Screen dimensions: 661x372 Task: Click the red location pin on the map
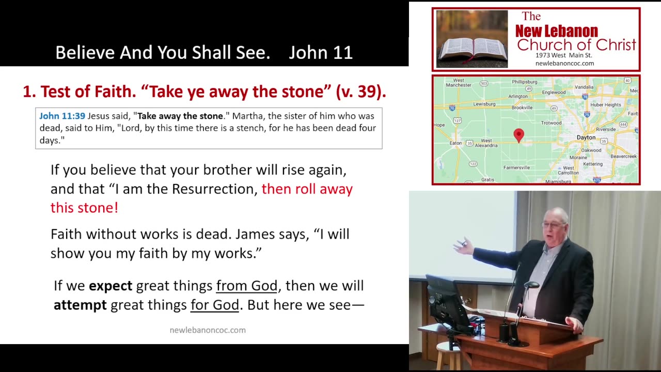519,135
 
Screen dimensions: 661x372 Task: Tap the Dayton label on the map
586,137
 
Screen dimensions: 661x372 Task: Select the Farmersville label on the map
516,168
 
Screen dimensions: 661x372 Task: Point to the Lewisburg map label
484,104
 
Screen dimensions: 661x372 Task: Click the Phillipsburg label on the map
524,82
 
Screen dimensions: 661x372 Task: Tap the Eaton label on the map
455,143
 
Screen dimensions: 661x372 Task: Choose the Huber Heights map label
606,105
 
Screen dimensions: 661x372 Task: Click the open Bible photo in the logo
472,39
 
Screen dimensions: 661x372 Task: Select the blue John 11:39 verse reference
62,116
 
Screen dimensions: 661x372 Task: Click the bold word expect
111,286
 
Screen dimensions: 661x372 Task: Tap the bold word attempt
80,305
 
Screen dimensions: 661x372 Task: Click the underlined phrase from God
247,286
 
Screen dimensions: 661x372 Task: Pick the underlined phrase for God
214,305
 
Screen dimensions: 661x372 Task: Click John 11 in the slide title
321,53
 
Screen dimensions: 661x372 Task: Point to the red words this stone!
84,208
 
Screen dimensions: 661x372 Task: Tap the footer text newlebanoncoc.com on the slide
208,330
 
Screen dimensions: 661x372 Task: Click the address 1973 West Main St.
563,55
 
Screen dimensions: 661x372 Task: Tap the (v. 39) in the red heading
361,91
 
